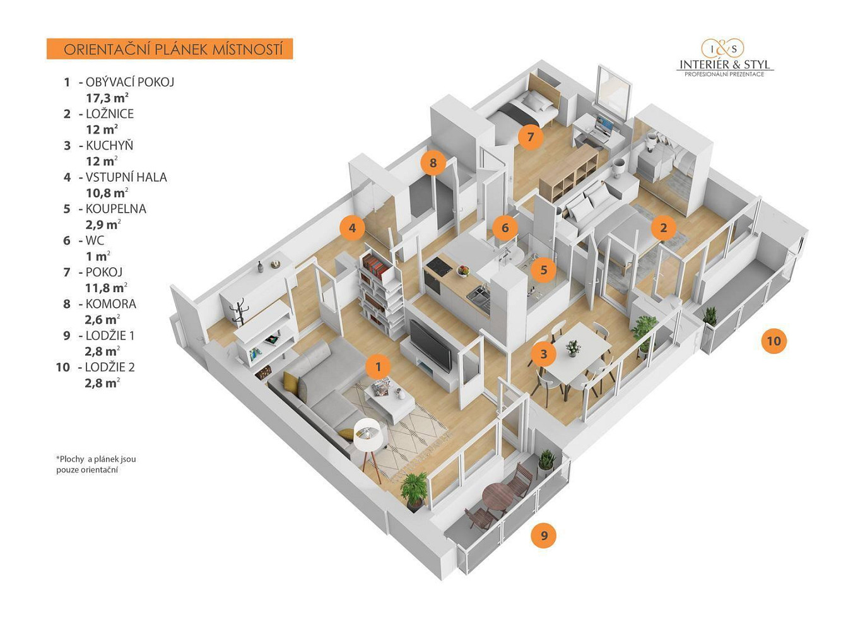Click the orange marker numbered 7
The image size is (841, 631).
point(530,137)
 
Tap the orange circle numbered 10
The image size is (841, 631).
point(773,341)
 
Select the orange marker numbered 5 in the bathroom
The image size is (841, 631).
point(543,269)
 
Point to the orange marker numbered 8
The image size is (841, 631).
point(433,163)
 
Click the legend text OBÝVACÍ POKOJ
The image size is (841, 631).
point(130,82)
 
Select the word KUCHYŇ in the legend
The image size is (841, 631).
point(110,145)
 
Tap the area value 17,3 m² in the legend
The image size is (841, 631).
point(107,98)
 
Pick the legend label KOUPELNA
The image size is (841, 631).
point(116,209)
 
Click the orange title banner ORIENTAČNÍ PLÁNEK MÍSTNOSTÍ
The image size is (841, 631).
point(170,49)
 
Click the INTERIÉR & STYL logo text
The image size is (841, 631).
point(724,64)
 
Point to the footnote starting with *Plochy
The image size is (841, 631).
point(96,464)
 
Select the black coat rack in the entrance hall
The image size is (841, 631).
point(238,313)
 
